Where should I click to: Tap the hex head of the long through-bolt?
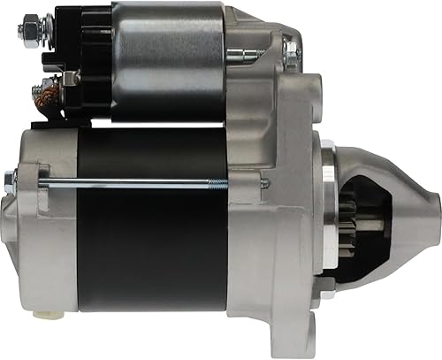pos(11,181)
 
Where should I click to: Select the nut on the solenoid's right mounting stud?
pos(292,54)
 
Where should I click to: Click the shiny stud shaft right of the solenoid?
pos(243,54)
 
